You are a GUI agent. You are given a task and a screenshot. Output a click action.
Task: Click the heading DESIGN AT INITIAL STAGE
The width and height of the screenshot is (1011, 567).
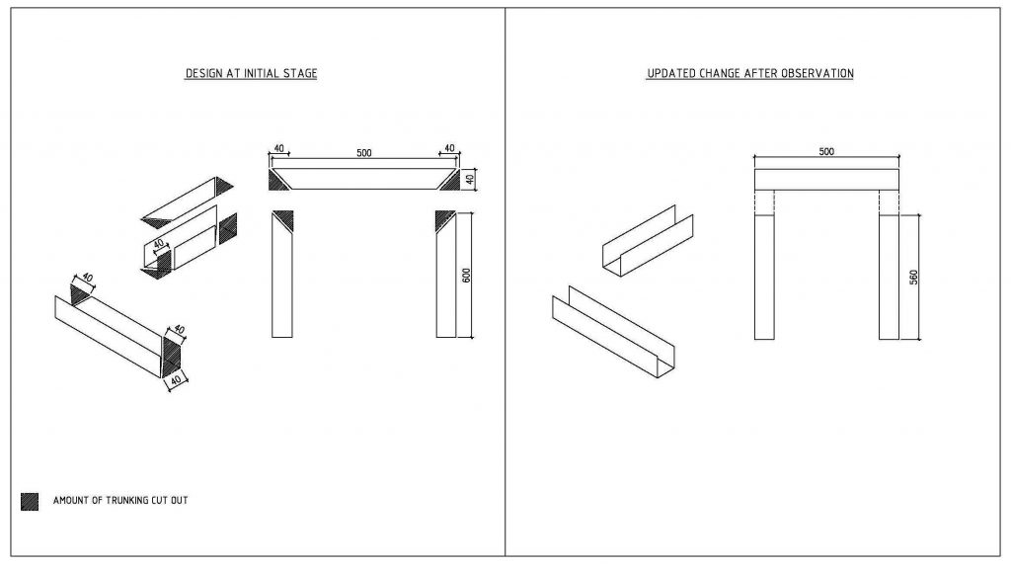251,74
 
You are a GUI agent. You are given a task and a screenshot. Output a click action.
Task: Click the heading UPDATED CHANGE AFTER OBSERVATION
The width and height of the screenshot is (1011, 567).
749,74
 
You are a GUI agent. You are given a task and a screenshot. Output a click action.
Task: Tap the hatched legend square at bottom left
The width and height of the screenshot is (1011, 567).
30,501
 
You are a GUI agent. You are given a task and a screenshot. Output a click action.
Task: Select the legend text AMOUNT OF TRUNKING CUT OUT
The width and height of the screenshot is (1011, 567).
120,501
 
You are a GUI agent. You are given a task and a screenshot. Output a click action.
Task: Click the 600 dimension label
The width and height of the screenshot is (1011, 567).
467,275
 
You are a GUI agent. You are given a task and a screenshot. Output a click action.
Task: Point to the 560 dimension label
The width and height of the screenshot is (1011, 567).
914,277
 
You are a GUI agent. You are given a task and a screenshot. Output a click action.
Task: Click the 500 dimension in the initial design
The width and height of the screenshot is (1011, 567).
363,153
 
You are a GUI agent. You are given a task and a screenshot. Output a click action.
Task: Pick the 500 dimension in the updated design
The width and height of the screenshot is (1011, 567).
826,152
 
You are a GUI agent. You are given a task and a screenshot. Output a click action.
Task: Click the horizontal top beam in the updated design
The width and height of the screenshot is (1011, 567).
826,179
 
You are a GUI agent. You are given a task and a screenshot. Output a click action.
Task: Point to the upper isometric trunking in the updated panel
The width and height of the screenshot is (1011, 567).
648,241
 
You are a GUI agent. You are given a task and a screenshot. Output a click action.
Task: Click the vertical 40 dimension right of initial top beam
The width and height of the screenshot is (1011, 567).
471,179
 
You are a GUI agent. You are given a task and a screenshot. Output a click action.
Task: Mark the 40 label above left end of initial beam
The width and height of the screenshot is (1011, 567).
279,149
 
